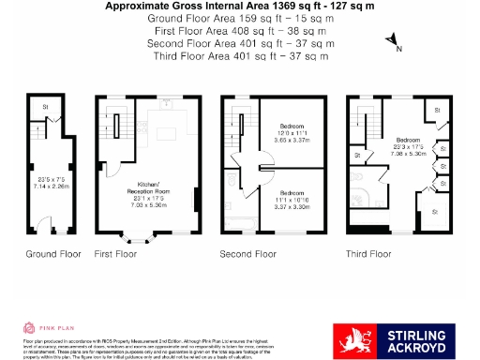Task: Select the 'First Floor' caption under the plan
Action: pos(115,254)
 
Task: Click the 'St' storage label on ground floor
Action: pos(45,108)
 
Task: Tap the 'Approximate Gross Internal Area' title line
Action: pos(239,7)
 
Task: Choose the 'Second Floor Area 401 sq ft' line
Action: pos(239,43)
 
